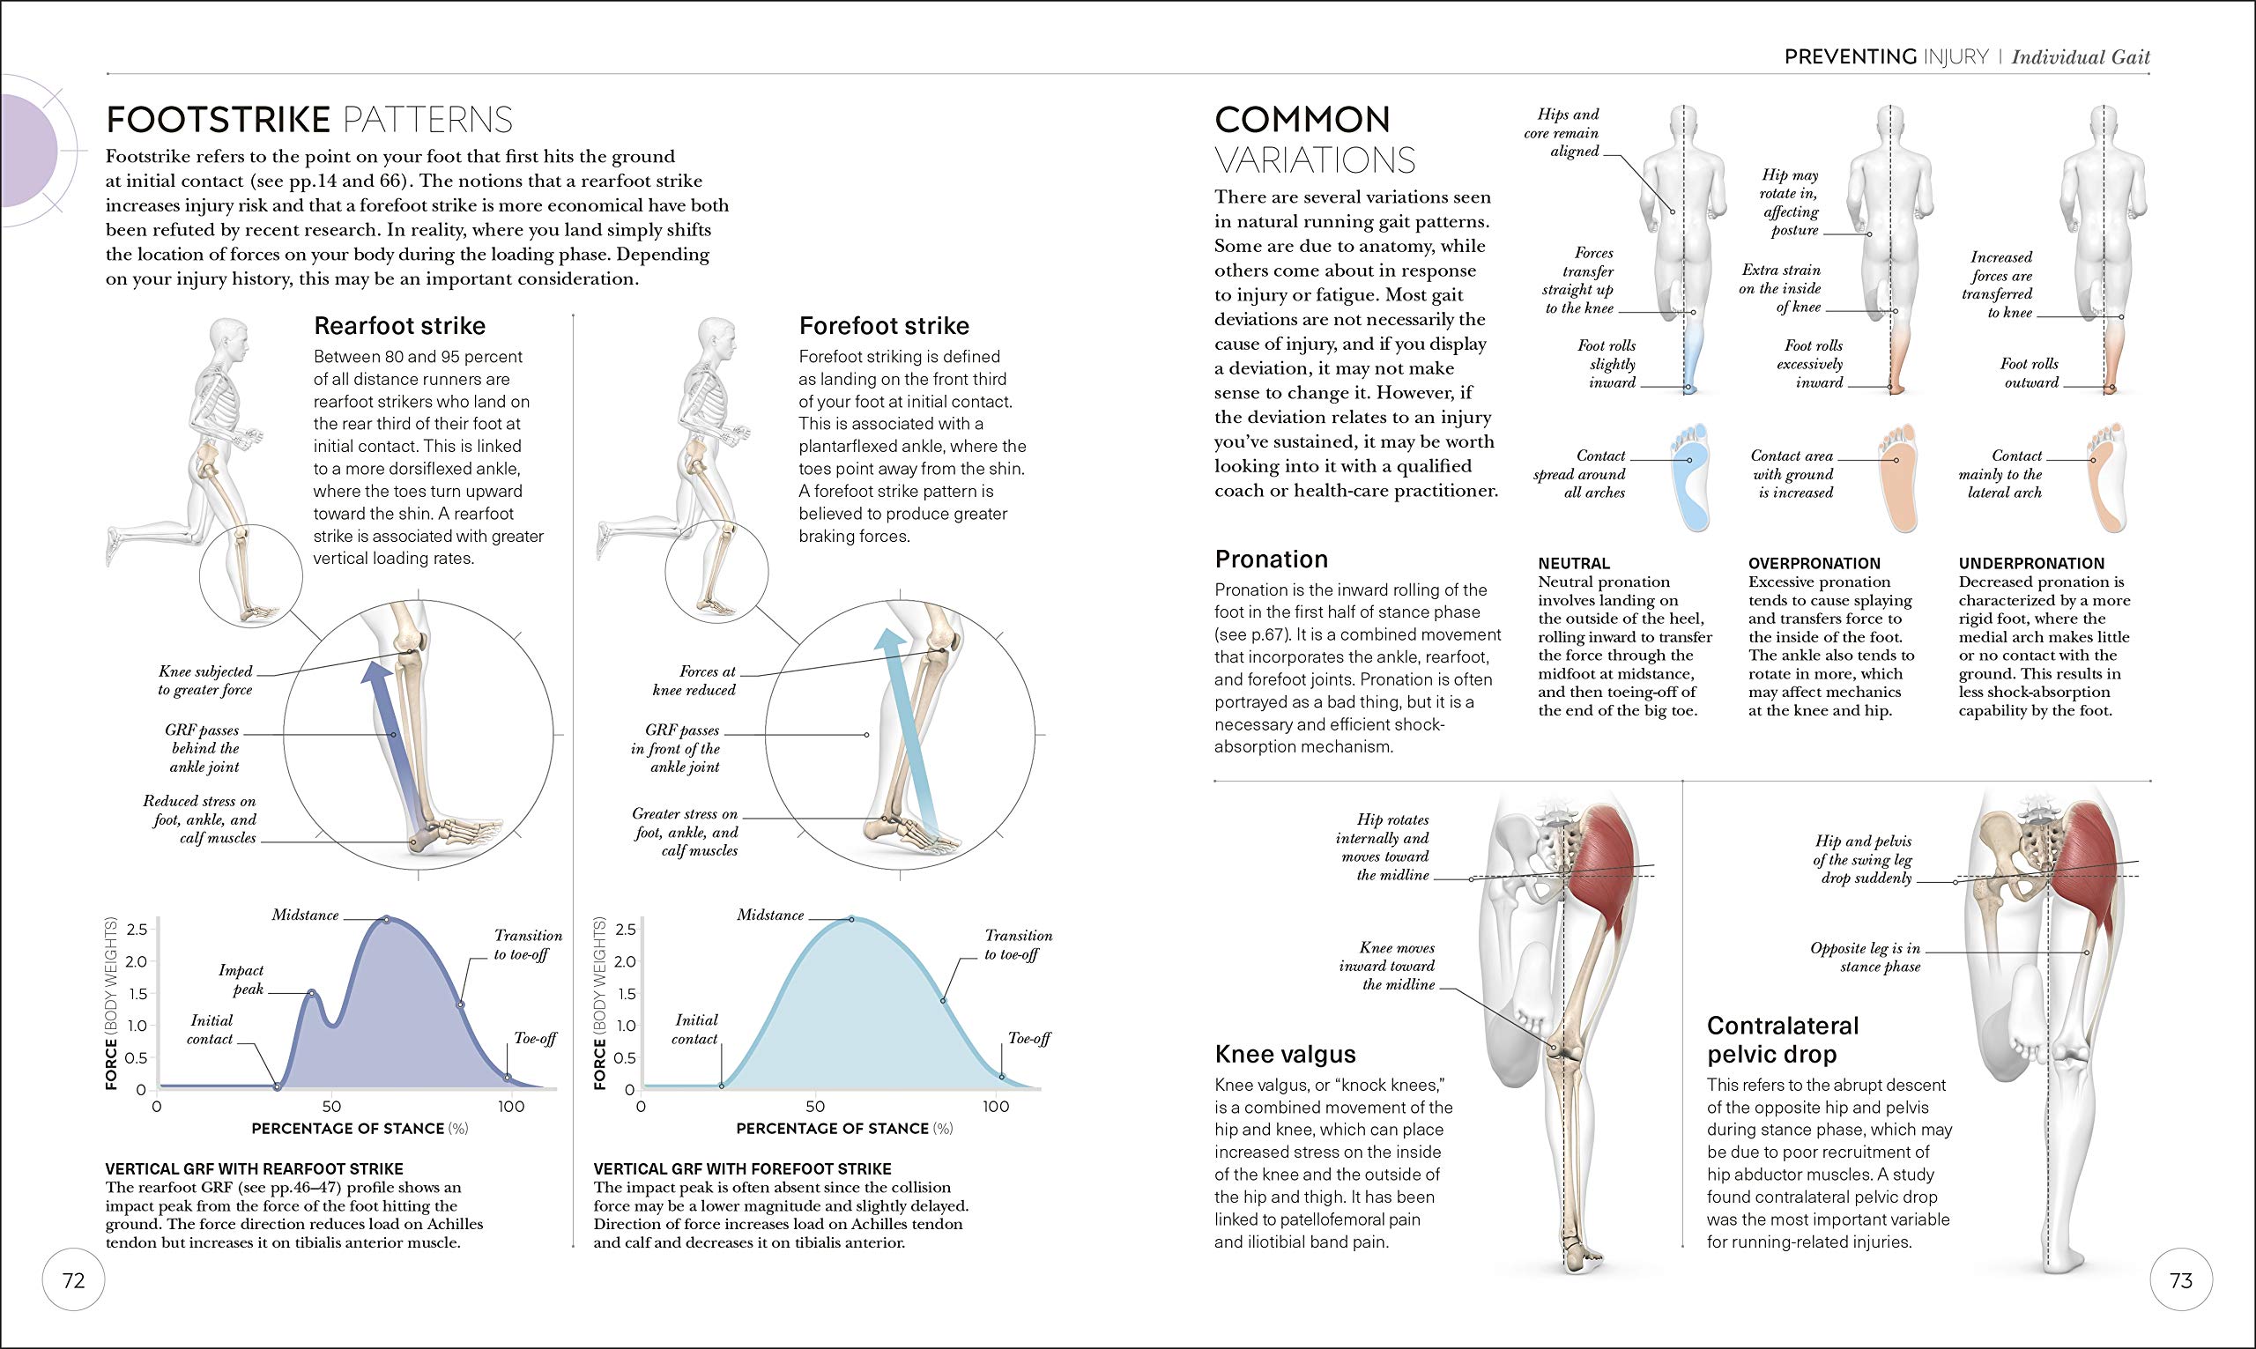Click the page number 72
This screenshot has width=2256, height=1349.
coord(74,1280)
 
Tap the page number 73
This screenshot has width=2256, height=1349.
coord(2180,1280)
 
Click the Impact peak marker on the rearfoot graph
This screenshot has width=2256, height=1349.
coord(311,993)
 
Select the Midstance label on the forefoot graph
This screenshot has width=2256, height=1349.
coord(770,915)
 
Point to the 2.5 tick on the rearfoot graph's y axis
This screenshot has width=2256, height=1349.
coord(137,929)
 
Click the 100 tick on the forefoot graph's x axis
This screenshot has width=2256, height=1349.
coord(995,1107)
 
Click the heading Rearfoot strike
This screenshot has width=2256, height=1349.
coord(399,325)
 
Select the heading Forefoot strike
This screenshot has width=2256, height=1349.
coord(884,325)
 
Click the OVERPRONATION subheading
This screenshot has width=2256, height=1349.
coord(1814,564)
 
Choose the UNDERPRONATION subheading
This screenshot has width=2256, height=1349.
coord(2031,564)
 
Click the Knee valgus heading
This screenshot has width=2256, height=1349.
coord(1285,1054)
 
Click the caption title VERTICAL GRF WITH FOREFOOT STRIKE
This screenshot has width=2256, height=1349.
coord(743,1169)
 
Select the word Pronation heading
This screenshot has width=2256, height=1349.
coord(1271,559)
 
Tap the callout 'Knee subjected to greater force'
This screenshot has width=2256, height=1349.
coord(205,680)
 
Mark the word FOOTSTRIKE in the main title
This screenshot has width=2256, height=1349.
coord(219,120)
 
